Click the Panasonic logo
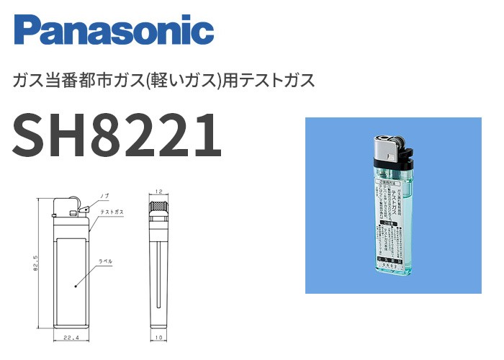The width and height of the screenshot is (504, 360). (114, 30)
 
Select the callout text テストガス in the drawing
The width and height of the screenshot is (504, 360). (113, 213)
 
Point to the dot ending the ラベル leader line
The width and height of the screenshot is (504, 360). (75, 286)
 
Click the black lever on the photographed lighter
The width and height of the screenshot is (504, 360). (407, 153)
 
